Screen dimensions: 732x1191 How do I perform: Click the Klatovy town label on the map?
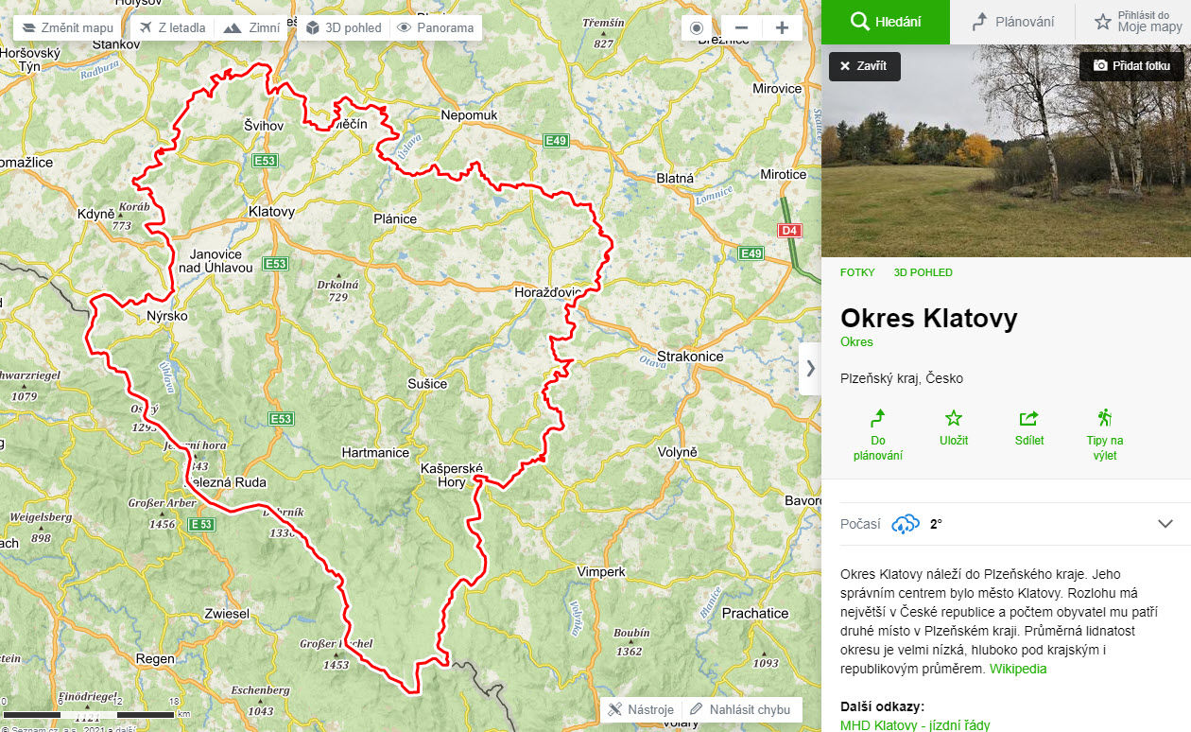pos(271,212)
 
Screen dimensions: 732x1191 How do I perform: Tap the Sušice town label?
pos(427,384)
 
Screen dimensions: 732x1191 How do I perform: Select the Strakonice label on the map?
pos(691,357)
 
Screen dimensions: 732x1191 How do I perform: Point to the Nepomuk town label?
pos(469,115)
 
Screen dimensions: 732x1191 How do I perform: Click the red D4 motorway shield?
pos(788,230)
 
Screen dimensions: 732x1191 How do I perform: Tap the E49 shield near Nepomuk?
pos(556,141)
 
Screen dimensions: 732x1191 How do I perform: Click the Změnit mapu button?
pos(67,27)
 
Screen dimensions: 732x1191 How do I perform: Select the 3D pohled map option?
pos(343,27)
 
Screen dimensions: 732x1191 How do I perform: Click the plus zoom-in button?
pos(782,27)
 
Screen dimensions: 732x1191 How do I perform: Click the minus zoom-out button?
pos(742,27)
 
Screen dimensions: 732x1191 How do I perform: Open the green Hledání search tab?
pos(886,22)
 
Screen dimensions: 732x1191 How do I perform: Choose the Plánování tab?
pos(1013,22)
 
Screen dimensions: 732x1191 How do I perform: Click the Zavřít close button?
pos(864,66)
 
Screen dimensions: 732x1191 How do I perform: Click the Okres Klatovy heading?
pos(928,318)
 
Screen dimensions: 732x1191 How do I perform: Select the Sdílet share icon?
pos(1028,427)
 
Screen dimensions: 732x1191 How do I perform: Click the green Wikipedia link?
pos(1018,669)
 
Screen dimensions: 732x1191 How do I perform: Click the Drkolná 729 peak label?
pos(337,290)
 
